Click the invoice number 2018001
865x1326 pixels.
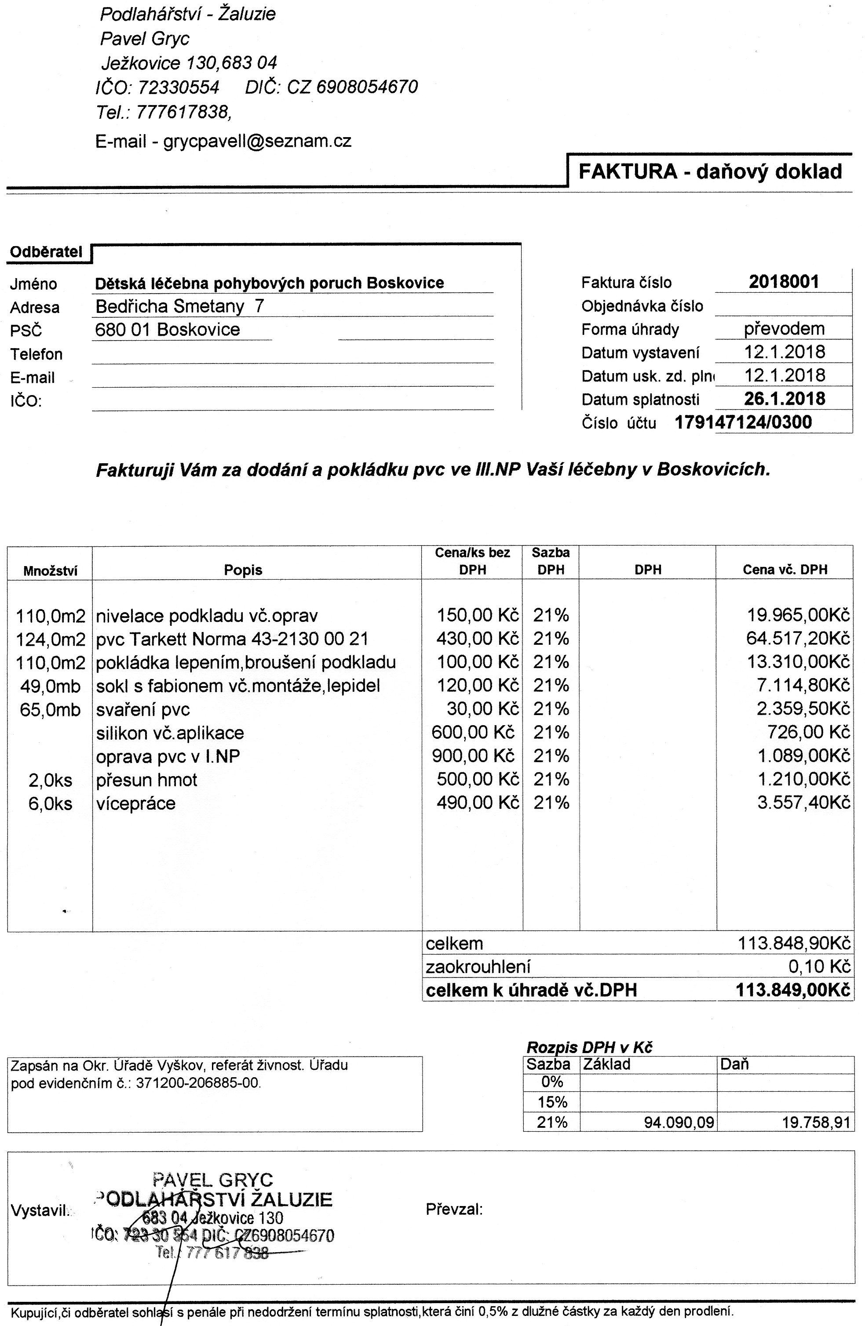pyautogui.click(x=784, y=282)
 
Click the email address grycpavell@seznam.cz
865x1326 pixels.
pyautogui.click(x=257, y=141)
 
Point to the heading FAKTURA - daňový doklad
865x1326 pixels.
pyautogui.click(x=710, y=171)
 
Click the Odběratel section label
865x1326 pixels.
pyautogui.click(x=46, y=252)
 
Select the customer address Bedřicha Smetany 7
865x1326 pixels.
pyautogui.click(x=179, y=306)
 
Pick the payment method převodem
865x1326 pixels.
pyautogui.click(x=784, y=329)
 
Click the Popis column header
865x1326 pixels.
pyautogui.click(x=243, y=570)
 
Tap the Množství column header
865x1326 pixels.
pyautogui.click(x=50, y=570)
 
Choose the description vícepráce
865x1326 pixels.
pyautogui.click(x=135, y=803)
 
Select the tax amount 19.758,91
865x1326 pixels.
pyautogui.click(x=817, y=1122)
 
